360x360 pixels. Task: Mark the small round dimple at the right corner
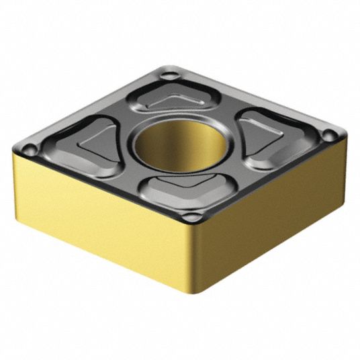[x=329, y=136]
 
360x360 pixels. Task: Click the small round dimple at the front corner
[x=191, y=217]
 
